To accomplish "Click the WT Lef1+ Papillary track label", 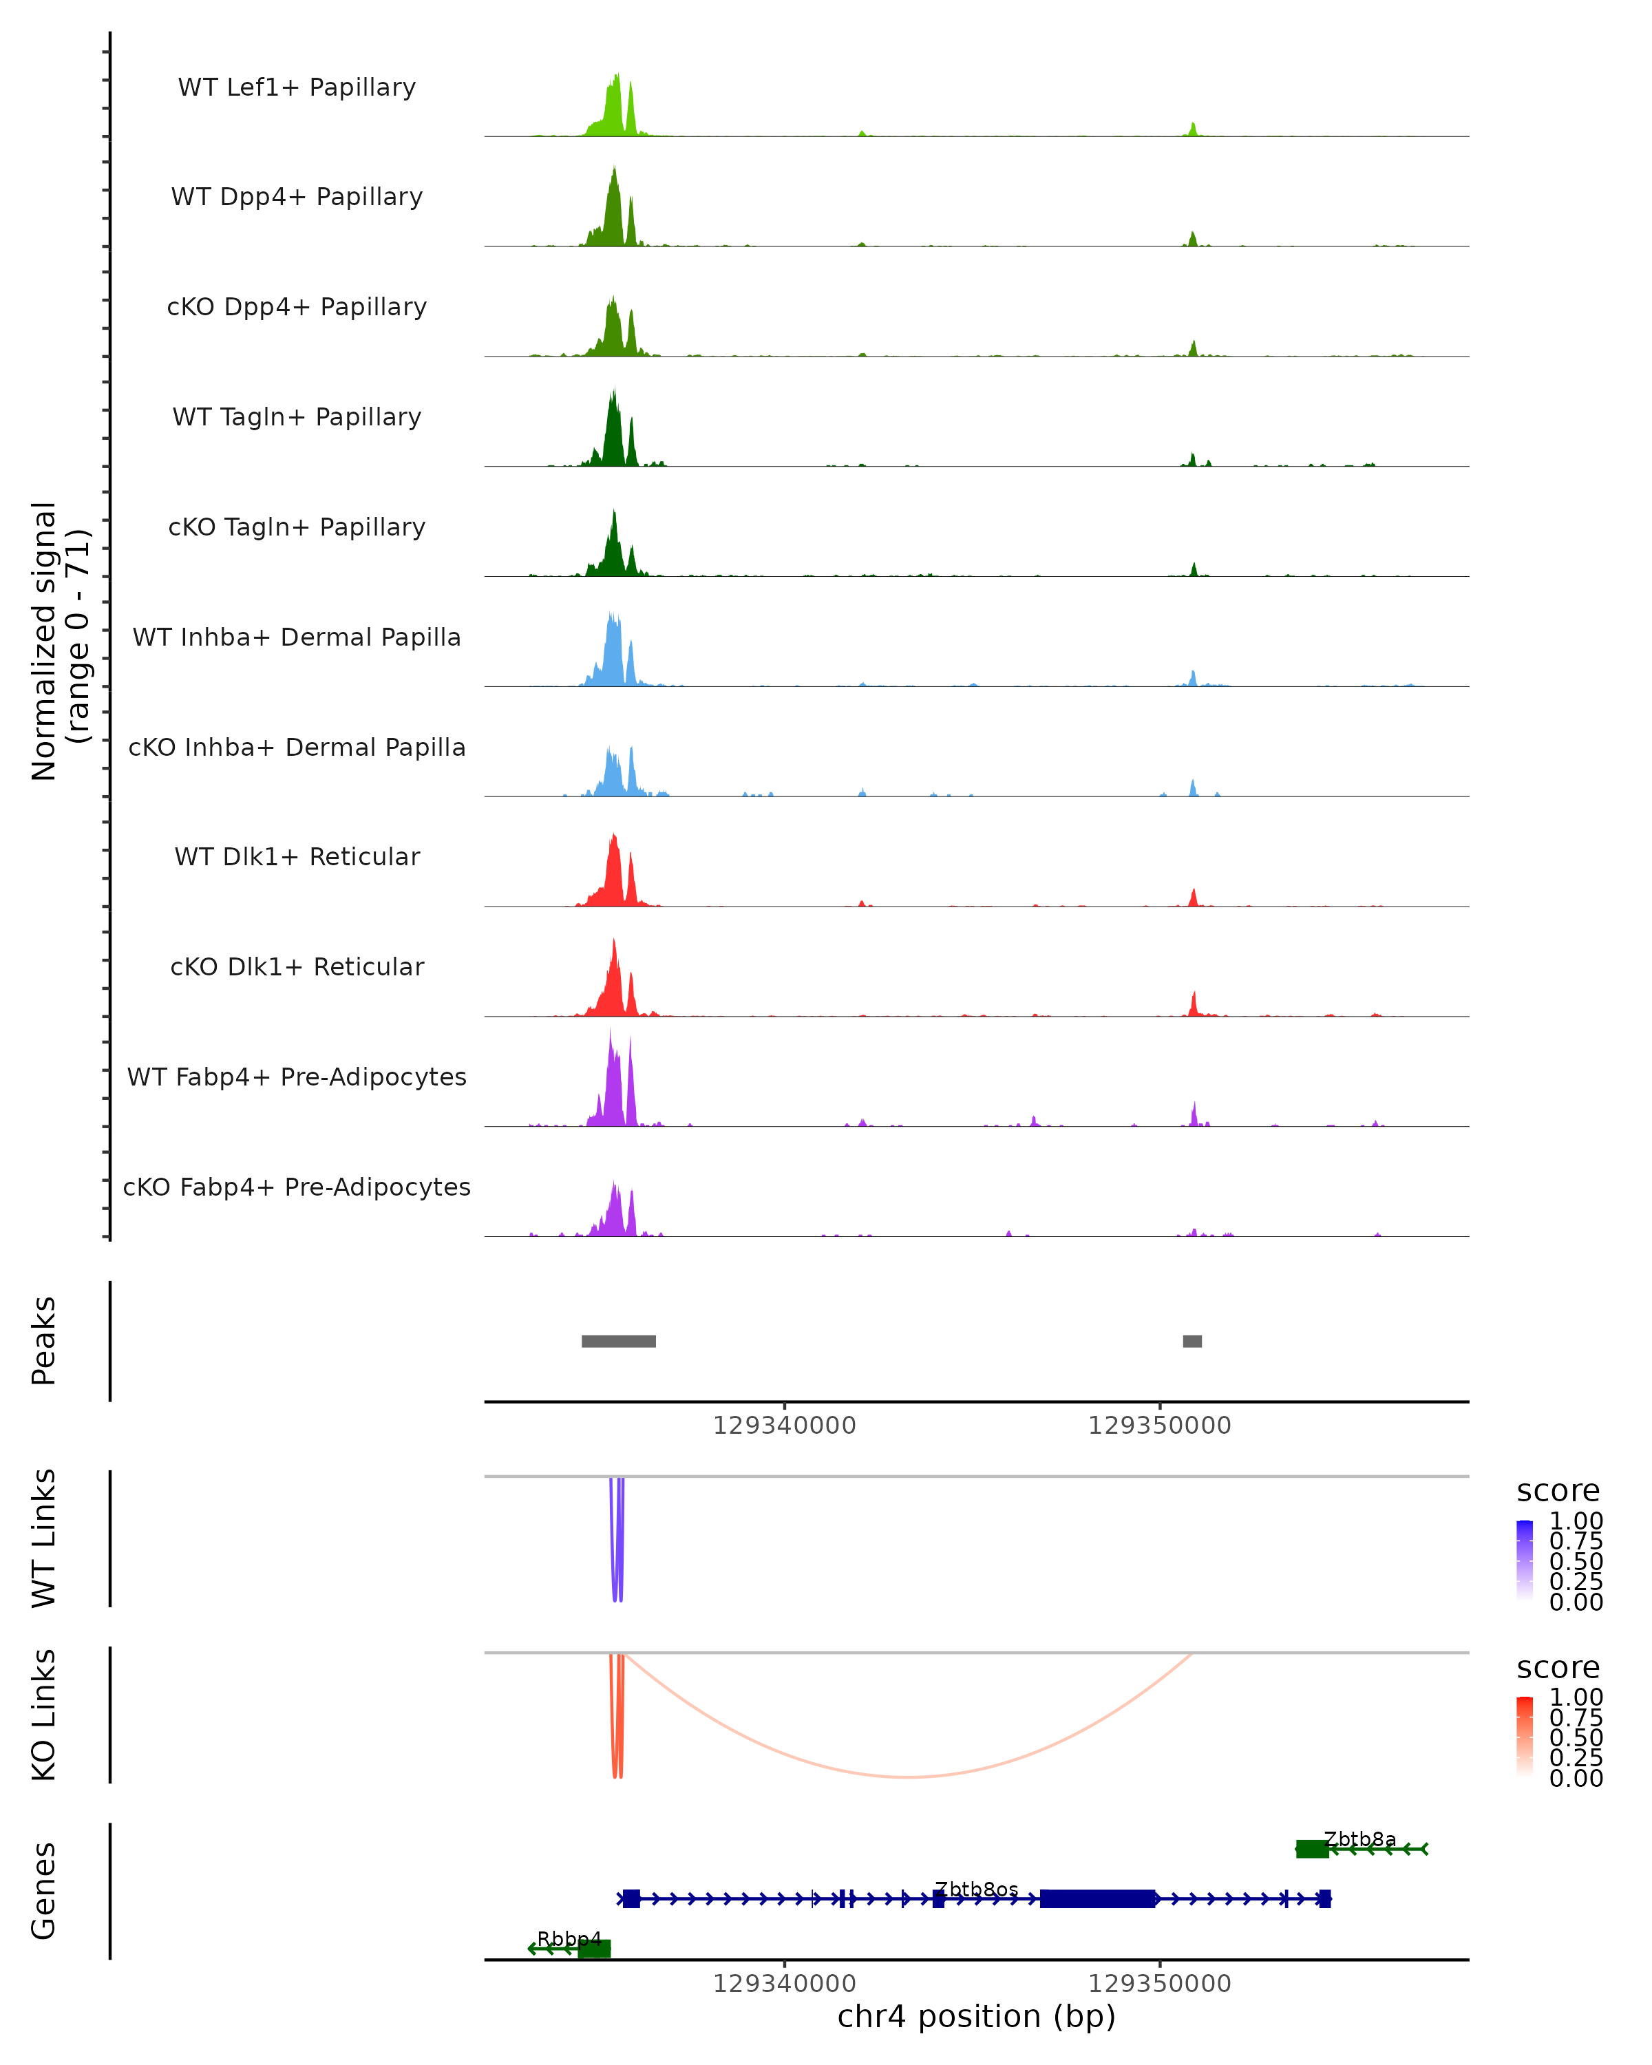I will (x=297, y=87).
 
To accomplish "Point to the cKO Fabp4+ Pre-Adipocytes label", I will (x=297, y=1187).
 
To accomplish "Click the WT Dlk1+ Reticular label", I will (x=297, y=856).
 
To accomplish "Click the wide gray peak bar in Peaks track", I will (x=619, y=1341).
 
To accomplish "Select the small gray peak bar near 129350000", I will (x=1192, y=1341).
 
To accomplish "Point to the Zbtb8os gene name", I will (x=976, y=1889).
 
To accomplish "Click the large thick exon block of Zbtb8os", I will (x=1097, y=1898).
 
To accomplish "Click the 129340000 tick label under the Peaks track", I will (x=784, y=1426).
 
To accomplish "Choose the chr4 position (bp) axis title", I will (x=976, y=2016).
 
